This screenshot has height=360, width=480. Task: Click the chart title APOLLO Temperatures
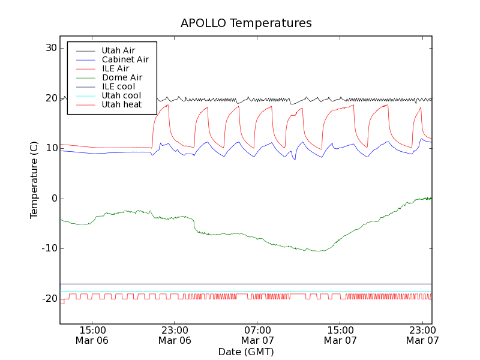coord(246,23)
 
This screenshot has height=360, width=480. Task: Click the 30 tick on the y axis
coord(51,48)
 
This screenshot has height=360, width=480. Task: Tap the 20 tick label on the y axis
coord(51,98)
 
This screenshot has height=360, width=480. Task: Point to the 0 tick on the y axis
coord(53,199)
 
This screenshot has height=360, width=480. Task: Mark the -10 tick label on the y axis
coord(49,248)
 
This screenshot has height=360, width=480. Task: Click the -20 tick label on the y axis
coord(49,299)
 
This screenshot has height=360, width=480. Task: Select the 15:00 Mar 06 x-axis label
coord(92,335)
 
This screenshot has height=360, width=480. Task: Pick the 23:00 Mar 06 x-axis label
coord(175,335)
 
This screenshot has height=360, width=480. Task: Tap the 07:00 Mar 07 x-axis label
coord(257,335)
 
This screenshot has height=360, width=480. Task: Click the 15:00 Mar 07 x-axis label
coord(340,335)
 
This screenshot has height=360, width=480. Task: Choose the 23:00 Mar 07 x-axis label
coord(422,335)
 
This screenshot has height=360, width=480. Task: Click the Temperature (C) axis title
coord(34,180)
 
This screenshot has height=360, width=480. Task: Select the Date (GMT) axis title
coord(246,352)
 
